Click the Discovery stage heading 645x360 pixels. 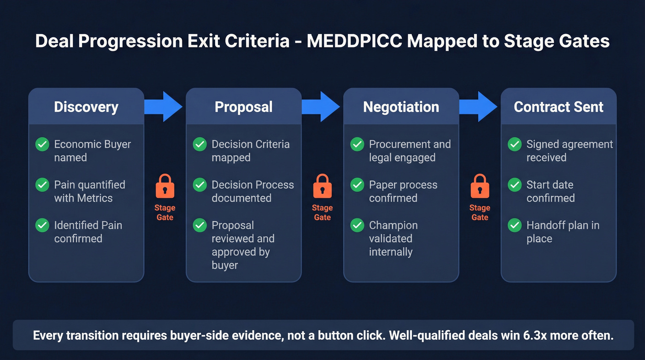[86, 107]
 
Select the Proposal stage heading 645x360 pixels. [244, 107]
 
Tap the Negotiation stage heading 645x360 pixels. [401, 107]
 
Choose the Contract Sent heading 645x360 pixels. [558, 107]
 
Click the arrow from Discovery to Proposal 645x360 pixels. [164, 106]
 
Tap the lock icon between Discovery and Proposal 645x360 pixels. [165, 186]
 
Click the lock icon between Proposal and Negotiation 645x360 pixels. [322, 186]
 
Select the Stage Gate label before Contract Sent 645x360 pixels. [480, 212]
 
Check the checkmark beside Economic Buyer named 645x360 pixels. [42, 144]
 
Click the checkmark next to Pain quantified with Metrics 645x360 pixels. [42, 185]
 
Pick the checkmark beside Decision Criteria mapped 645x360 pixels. [200, 144]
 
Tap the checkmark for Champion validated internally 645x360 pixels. [358, 225]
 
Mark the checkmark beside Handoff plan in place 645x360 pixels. [515, 225]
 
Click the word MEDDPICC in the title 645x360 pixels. [354, 41]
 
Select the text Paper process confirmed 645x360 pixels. [403, 191]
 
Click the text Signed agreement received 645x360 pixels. [569, 151]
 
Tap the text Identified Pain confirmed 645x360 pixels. [88, 232]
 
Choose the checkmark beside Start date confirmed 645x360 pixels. [515, 185]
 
